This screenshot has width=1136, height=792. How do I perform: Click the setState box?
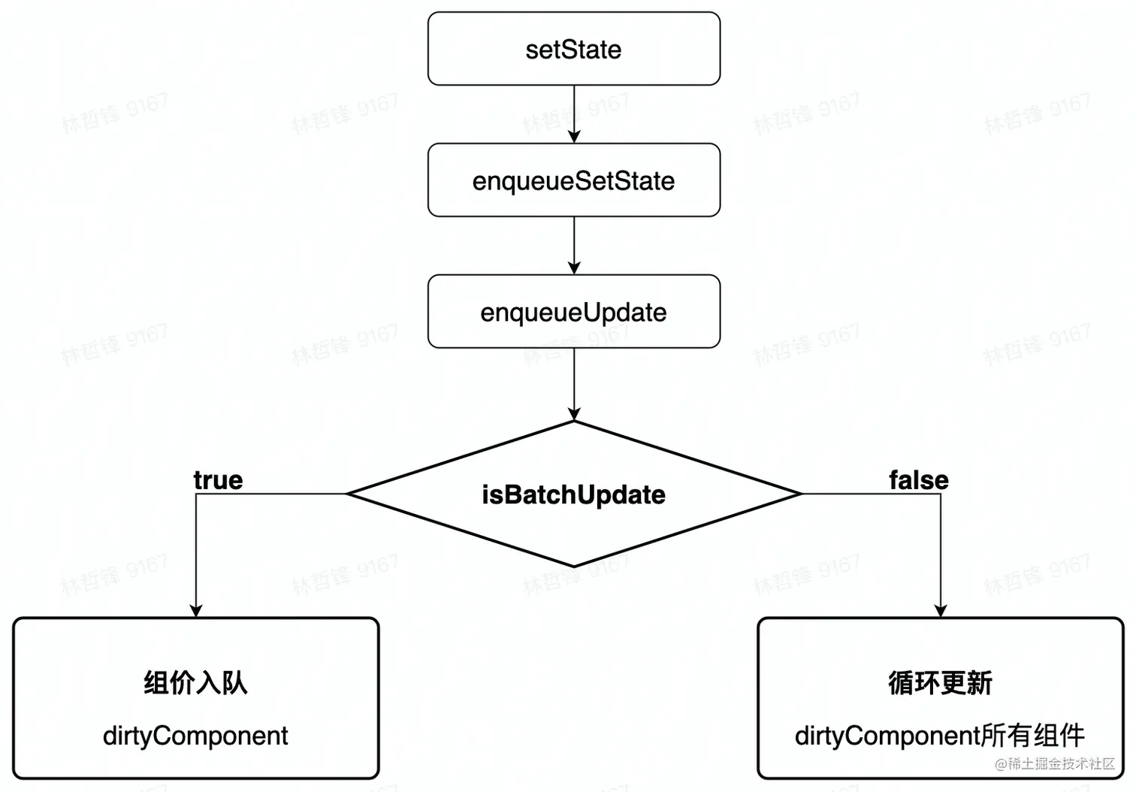573,50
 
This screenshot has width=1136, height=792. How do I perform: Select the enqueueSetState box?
573,181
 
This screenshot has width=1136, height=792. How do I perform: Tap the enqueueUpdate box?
573,312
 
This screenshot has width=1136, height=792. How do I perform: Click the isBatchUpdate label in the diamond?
573,494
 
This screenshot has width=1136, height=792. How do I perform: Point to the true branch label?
218,480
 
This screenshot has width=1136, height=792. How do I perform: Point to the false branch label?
918,480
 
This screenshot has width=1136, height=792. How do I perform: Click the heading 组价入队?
195,682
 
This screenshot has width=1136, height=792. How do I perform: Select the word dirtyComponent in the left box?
195,736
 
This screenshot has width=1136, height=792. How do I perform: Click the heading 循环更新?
940,682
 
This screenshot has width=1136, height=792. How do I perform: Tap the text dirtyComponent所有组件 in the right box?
940,736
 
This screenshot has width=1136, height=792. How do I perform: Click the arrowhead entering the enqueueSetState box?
574,137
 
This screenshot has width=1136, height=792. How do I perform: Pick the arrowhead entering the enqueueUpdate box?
574,268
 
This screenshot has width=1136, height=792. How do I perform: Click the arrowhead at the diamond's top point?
574,414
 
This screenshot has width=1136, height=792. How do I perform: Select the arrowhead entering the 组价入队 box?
196,611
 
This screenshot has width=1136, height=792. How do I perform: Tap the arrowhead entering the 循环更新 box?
941,611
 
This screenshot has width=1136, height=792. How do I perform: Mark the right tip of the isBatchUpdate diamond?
801,494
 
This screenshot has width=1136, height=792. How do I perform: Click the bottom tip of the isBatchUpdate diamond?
574,566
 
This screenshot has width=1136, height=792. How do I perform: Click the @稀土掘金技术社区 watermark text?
1055,764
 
